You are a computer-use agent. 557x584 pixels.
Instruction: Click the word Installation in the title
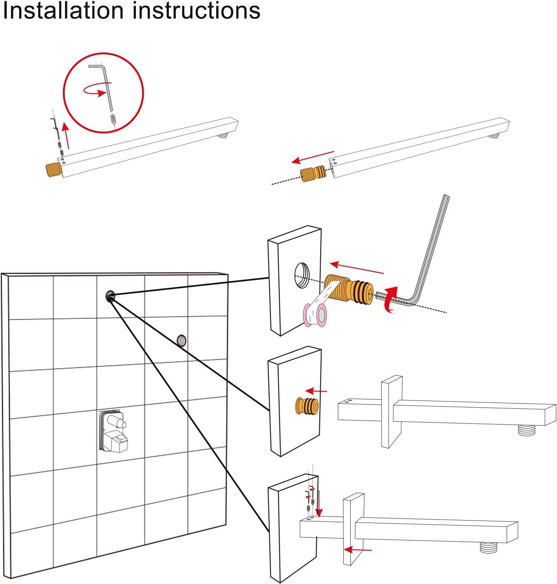[63, 11]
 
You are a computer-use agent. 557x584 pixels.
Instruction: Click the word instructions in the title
[197, 11]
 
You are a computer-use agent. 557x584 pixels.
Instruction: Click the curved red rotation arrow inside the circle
[94, 89]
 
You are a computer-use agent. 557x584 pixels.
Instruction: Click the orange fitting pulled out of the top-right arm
[313, 174]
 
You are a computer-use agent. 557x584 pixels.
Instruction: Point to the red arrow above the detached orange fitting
[313, 157]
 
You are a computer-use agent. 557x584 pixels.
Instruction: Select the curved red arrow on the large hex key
[391, 301]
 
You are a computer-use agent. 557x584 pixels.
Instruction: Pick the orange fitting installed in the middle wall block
[307, 406]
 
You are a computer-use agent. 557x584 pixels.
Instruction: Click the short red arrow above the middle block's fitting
[316, 391]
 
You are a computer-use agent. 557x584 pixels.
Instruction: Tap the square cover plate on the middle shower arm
[392, 412]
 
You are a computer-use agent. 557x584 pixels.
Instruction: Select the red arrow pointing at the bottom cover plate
[358, 550]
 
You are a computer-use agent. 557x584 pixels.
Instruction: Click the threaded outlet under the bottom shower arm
[489, 547]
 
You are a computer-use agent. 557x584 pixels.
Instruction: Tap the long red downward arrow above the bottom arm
[319, 503]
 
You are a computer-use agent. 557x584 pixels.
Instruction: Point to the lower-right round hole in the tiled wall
[181, 340]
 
